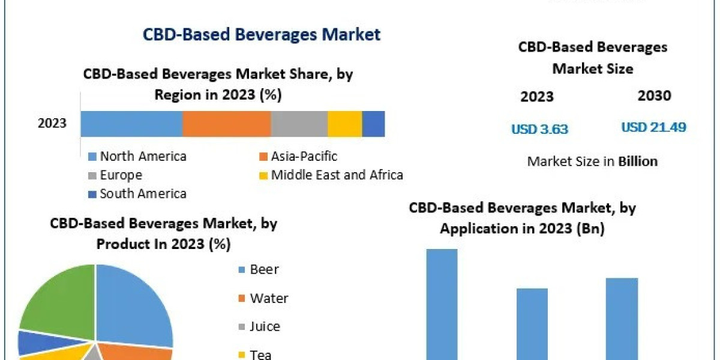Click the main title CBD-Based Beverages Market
tap(262, 34)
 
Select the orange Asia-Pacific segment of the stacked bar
tap(226, 124)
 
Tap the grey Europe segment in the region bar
tap(299, 124)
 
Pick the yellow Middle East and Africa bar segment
tap(344, 124)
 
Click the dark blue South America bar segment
tap(373, 124)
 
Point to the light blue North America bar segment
tap(131, 124)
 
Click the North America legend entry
tap(143, 157)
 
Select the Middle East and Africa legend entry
tap(337, 175)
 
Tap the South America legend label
tap(143, 194)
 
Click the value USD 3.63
tap(539, 129)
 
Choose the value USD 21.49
tap(653, 127)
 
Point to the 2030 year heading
tap(655, 95)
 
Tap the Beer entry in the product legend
tap(264, 269)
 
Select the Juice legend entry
tap(265, 326)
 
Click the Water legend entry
tap(269, 298)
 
